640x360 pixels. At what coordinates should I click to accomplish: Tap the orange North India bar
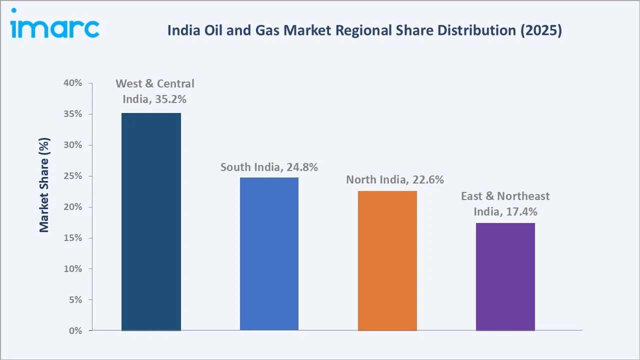click(x=387, y=260)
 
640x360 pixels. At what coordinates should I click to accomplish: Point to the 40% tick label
click(x=72, y=83)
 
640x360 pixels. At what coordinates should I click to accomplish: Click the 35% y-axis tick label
click(x=72, y=114)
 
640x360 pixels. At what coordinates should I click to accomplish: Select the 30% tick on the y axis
click(x=72, y=145)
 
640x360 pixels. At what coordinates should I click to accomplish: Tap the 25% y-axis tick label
click(x=72, y=176)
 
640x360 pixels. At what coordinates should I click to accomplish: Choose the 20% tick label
click(x=72, y=207)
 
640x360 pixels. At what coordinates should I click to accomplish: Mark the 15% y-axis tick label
click(x=72, y=238)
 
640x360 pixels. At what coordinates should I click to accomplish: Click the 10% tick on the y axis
click(x=72, y=269)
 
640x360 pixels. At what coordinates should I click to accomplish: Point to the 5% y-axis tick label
click(x=75, y=300)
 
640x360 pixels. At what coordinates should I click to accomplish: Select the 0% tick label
click(x=75, y=331)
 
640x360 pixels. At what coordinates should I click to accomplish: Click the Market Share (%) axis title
click(x=44, y=185)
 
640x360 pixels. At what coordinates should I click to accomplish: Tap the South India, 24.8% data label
click(x=269, y=167)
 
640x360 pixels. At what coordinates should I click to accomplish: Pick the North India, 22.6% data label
click(x=395, y=179)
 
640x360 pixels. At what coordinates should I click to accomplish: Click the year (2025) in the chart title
click(x=540, y=30)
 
